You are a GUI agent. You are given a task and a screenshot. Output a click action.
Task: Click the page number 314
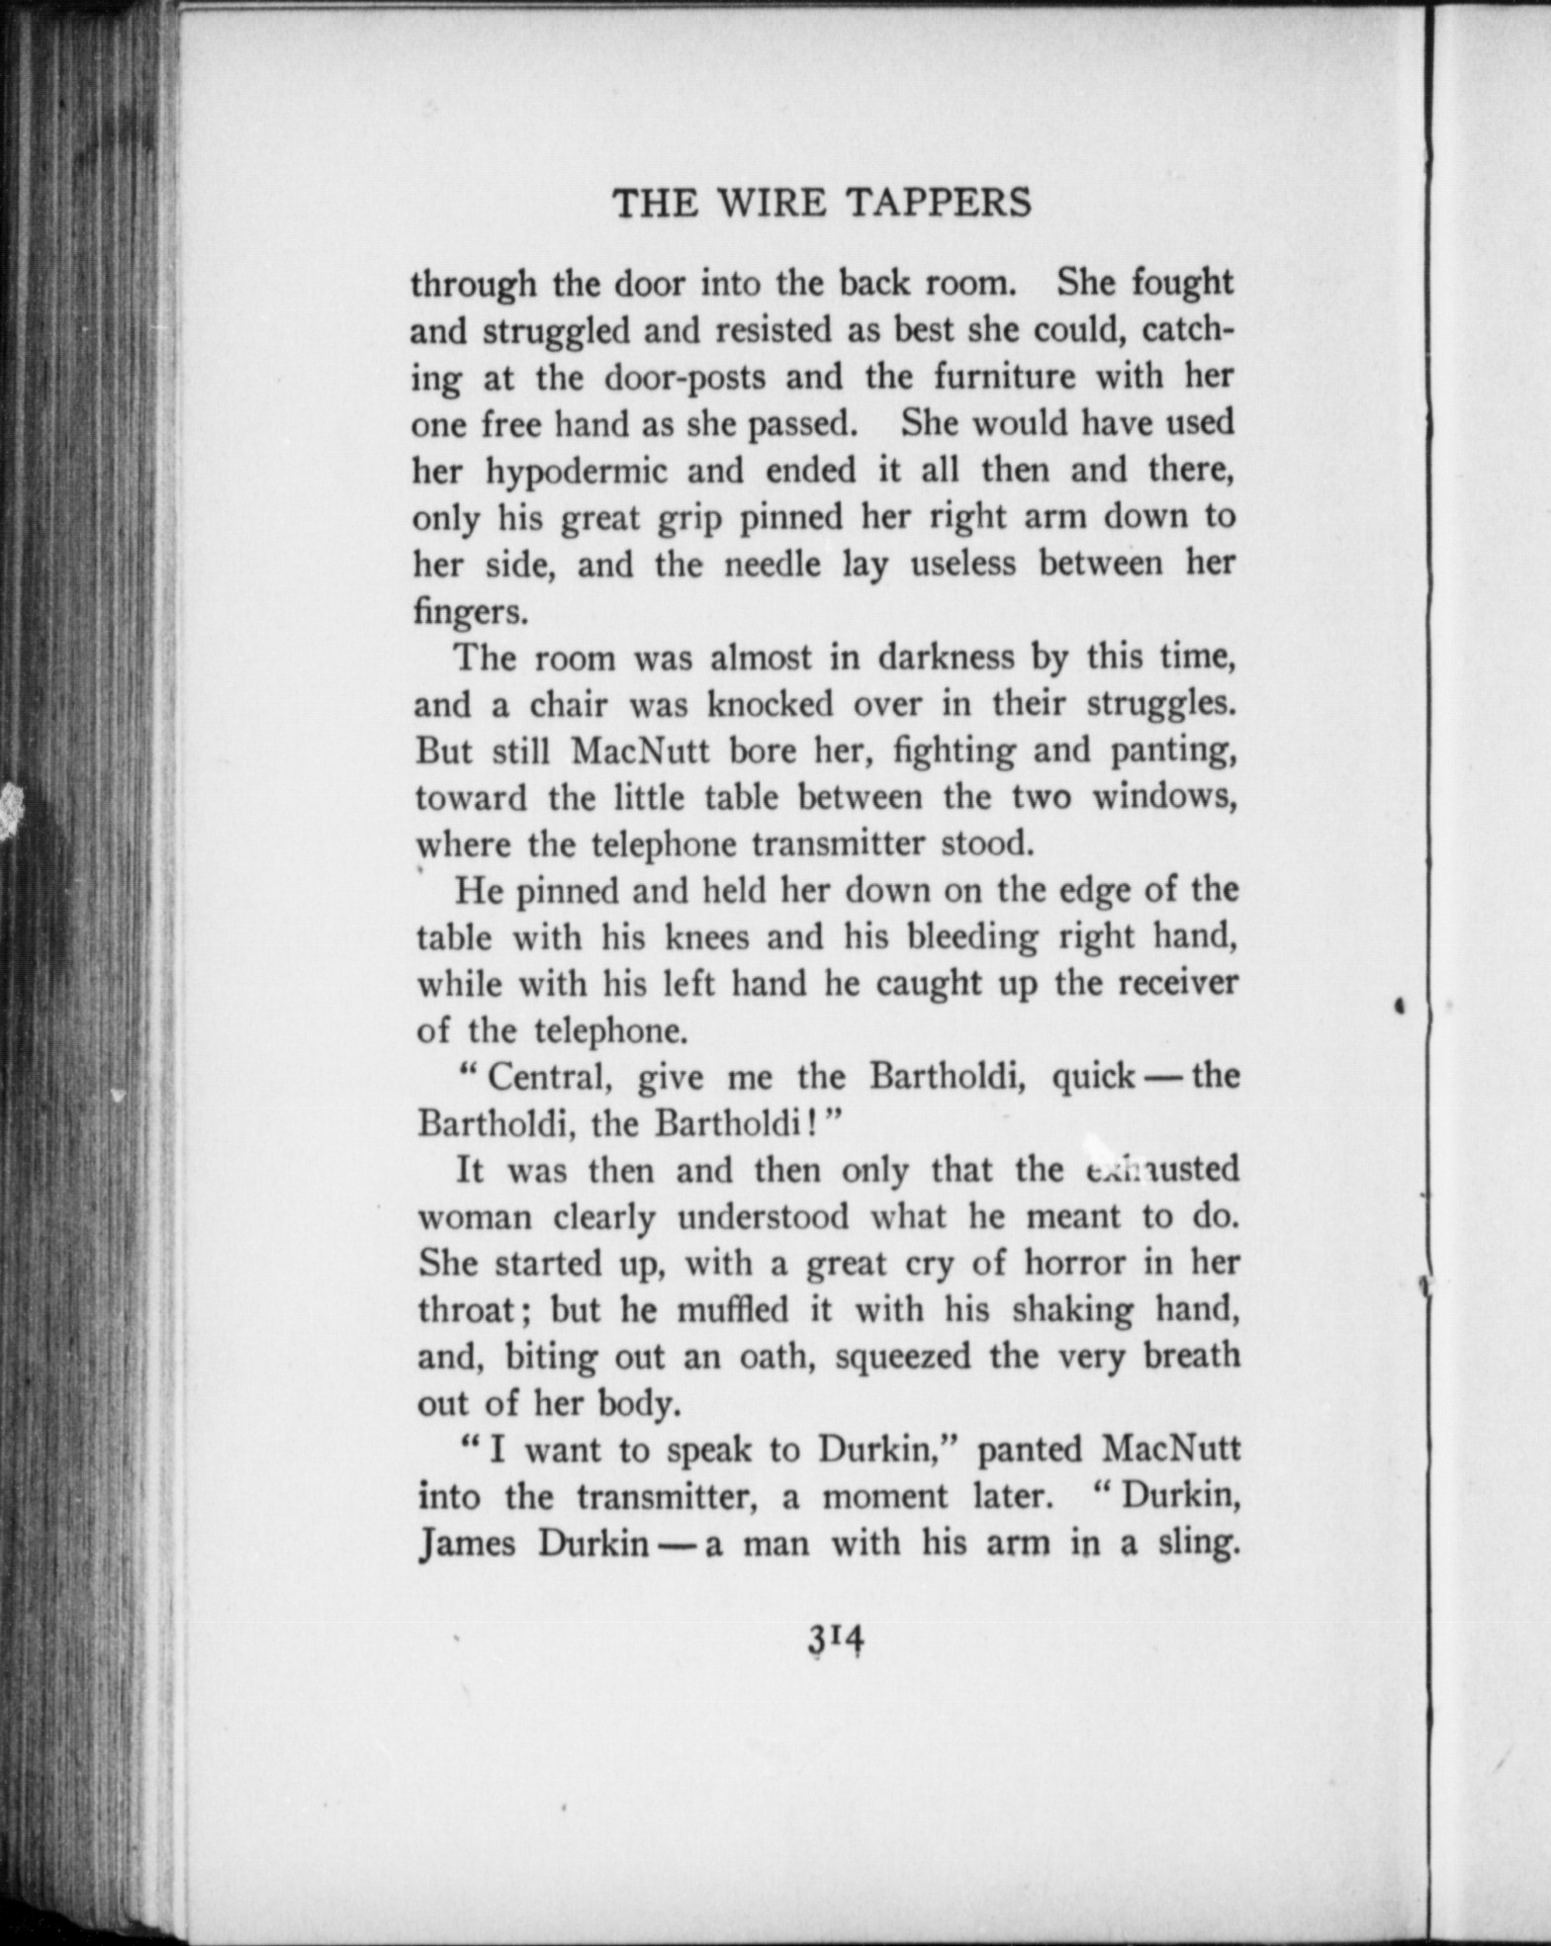(x=837, y=1640)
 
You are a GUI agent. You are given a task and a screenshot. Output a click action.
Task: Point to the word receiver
(x=1180, y=983)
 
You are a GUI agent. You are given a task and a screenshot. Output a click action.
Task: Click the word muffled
(x=732, y=1310)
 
